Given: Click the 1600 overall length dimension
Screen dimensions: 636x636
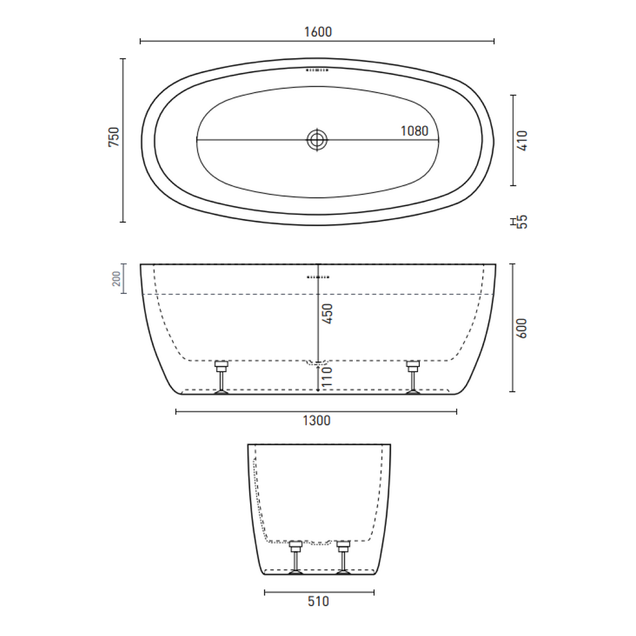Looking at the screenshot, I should pos(319,32).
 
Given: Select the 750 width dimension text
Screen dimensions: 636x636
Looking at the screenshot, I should pos(114,137).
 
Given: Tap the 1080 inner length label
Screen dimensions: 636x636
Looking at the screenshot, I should pos(414,131).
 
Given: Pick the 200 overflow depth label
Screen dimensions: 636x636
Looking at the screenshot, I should pos(116,279).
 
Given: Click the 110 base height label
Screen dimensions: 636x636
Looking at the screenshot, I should pos(327,377).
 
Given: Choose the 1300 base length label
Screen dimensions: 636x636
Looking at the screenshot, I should pos(317,420).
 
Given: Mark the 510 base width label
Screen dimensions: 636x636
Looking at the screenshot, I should pos(318,601).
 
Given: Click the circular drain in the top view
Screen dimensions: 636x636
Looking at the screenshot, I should pos(317,140).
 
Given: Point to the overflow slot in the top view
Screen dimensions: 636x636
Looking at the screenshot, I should pos(317,71).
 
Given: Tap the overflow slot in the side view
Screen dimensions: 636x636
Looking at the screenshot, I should pos(319,276).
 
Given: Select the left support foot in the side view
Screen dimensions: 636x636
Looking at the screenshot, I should pos(221,376).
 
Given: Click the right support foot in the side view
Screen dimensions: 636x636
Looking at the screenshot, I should pos(413,376).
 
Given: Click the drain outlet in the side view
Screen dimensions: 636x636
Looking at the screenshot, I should pos(318,362).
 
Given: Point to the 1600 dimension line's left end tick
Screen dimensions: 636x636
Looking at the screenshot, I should pos(141,42).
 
